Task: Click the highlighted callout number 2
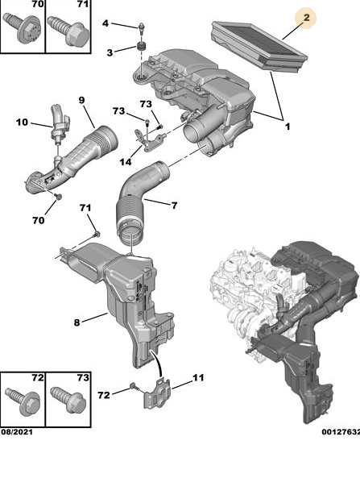tap(306, 18)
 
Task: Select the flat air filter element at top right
tap(259, 47)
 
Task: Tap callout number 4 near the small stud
tap(105, 23)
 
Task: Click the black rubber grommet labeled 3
tap(141, 47)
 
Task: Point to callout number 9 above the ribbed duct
tap(81, 100)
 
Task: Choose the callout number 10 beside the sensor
tap(22, 123)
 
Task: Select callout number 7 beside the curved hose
tap(174, 206)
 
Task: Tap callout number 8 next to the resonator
tap(77, 322)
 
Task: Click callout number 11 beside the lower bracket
tap(198, 378)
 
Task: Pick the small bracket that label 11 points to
tap(157, 393)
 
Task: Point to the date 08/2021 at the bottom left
tap(17, 432)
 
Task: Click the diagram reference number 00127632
tap(341, 432)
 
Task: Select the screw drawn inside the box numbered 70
tap(23, 29)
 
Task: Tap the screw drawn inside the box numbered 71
tap(68, 31)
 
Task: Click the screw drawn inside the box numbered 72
tap(23, 401)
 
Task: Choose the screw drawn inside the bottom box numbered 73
tap(68, 400)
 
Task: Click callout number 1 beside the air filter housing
tap(288, 127)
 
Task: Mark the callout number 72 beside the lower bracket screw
tap(104, 395)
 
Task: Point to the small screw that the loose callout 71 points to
tap(97, 235)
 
